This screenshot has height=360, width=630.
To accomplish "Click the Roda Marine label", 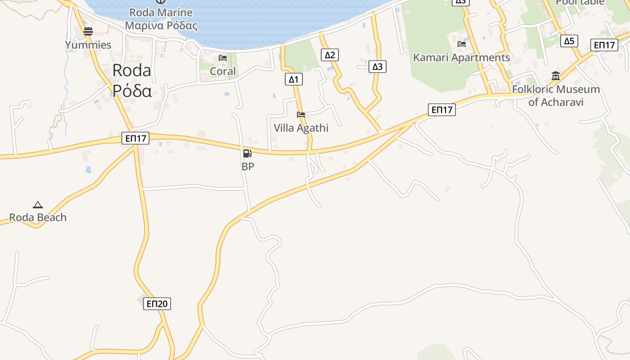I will point(161,13).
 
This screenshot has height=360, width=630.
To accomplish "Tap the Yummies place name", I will point(88,45).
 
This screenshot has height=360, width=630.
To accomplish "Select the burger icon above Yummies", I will point(88,31).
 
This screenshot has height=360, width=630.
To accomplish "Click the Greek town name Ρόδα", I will point(132,90).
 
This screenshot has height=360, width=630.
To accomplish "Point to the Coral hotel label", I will point(223,71).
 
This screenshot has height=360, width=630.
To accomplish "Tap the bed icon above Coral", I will point(223,58).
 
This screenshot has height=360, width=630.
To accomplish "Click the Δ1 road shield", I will point(293,80).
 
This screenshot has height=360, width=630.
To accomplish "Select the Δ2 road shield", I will point(330,55).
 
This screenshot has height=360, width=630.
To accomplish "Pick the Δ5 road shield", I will point(569,41).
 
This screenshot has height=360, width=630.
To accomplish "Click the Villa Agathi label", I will point(301,128).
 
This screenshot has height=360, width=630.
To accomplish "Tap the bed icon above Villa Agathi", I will point(301,115).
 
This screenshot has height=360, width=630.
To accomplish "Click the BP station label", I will point(247,166).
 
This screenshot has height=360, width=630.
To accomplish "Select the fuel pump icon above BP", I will point(247,153).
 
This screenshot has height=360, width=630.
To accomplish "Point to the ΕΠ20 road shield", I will point(157,304).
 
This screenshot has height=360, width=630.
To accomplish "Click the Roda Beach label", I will point(38,217).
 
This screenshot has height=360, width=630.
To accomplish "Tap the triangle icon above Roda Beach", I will point(38,205).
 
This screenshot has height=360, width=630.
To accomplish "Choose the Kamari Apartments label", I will point(462,58).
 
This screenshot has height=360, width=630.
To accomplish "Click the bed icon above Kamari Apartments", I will point(461,44).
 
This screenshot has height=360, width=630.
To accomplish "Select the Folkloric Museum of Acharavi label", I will point(556,95).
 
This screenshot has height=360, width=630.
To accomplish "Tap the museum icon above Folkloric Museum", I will point(555,76).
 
